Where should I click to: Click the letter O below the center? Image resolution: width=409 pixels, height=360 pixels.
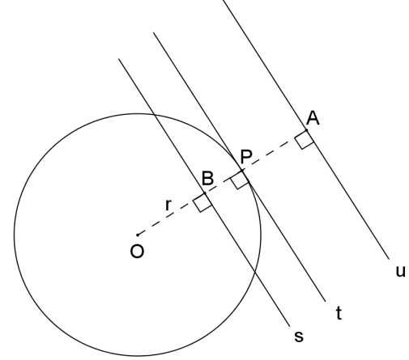(137, 252)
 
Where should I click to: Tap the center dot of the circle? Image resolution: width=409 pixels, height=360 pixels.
(138, 235)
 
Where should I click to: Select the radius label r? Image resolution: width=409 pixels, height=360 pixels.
(168, 205)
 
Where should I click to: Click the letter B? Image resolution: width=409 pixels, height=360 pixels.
(208, 178)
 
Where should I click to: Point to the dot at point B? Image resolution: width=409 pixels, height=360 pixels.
(205, 193)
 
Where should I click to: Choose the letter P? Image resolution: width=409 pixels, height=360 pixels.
(246, 156)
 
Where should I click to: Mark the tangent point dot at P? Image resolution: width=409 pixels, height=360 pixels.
(242, 170)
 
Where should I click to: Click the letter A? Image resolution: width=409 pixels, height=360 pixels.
(313, 118)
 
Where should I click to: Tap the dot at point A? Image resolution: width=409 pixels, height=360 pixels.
(306, 130)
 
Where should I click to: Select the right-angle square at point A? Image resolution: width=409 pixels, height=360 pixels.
(305, 139)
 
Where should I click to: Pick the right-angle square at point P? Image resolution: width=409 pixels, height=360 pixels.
(240, 180)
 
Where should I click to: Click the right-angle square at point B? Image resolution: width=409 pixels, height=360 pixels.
(202, 202)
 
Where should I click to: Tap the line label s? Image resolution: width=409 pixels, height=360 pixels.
(299, 337)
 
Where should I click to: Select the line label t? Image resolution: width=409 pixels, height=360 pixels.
(339, 313)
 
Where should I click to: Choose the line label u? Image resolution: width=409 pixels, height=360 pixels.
(400, 272)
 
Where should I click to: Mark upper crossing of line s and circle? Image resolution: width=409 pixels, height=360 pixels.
(154, 115)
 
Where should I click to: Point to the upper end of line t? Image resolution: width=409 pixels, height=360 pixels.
(154, 32)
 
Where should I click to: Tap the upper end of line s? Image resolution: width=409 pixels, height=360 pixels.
(119, 59)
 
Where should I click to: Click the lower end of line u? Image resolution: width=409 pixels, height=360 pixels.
(390, 260)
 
